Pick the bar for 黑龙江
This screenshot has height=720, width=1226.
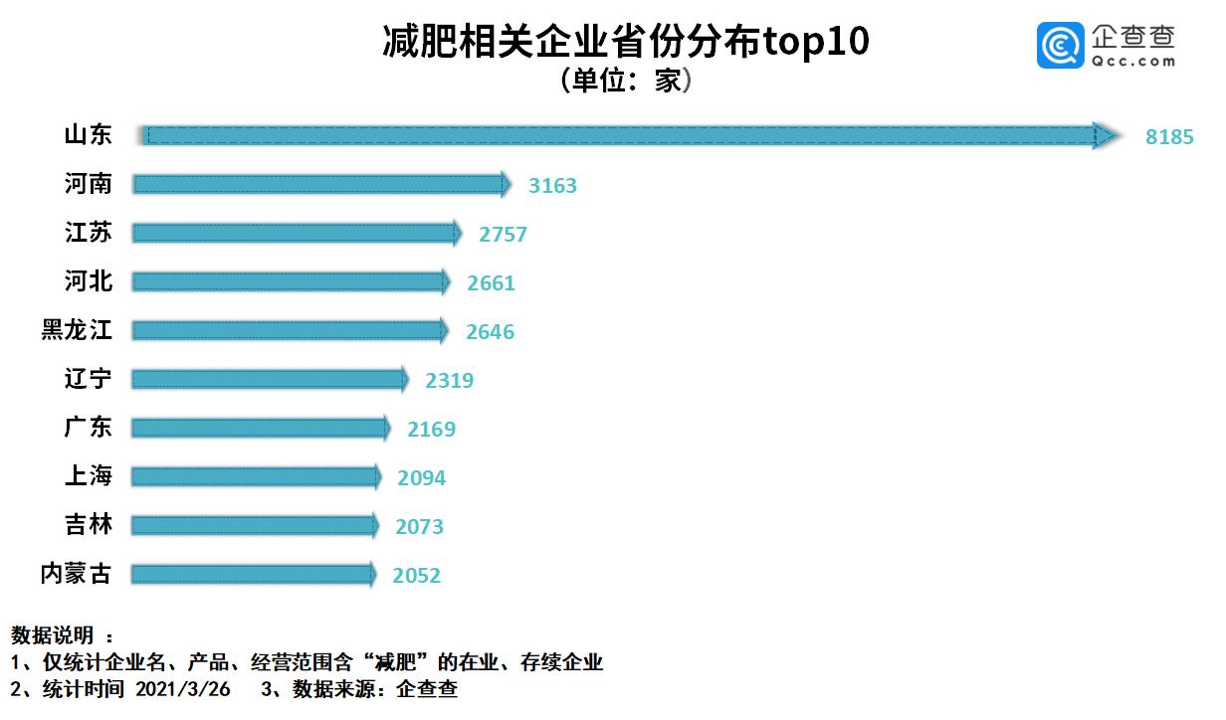point(290,330)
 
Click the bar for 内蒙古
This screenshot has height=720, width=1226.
point(253,574)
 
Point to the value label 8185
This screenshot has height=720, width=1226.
point(1168,137)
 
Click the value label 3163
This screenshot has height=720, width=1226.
point(552,186)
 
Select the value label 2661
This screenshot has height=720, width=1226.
point(491,283)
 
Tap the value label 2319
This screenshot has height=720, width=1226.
point(449,381)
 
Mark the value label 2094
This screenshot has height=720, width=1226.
point(421,478)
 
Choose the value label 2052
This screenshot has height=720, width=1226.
point(416,576)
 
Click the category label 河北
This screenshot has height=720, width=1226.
point(89,281)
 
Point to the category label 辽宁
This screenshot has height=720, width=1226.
point(89,379)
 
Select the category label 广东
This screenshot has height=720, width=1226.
point(89,428)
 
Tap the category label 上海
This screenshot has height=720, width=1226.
point(89,476)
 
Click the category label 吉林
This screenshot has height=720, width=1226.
point(89,525)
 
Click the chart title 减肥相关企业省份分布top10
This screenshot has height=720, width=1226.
point(626,43)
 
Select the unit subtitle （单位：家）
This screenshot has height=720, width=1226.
point(626,80)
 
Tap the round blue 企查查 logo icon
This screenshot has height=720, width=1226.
point(1060,46)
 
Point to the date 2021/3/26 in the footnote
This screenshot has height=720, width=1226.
point(182,689)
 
